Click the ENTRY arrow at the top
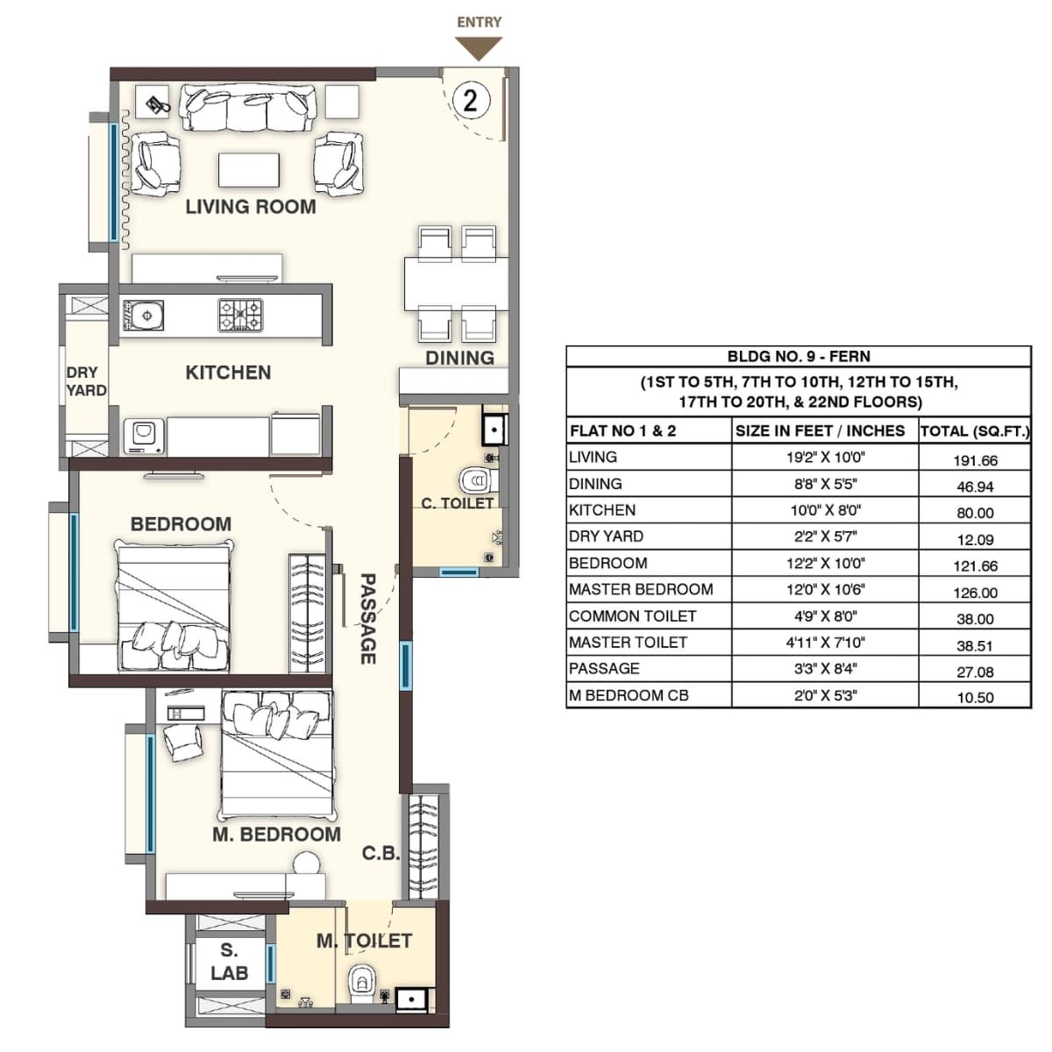tap(478, 48)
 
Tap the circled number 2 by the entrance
tap(471, 100)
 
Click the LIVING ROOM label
tap(251, 207)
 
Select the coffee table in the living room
tap(249, 169)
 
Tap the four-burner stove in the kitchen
tap(240, 316)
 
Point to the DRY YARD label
tap(86, 381)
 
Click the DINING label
tap(459, 358)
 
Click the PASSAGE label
tap(368, 619)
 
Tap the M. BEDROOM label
tap(276, 835)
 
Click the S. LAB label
tap(229, 962)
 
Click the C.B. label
tap(380, 853)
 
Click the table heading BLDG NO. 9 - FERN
tap(798, 357)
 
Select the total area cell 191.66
tap(975, 460)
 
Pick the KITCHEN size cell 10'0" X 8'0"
tap(824, 511)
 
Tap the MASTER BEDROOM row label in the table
tap(641, 590)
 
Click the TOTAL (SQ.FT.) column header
tap(975, 431)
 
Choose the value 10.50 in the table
tap(975, 698)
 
